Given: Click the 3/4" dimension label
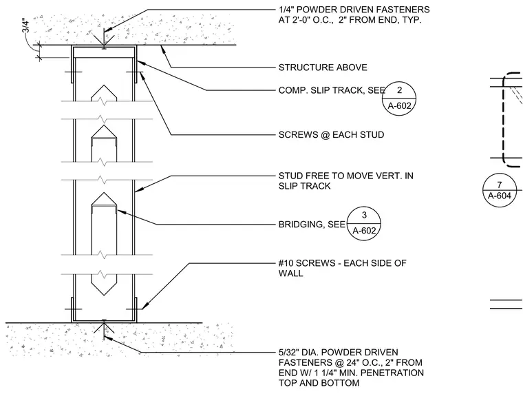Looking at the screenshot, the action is [26, 25].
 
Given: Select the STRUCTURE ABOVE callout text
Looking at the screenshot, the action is [323, 68].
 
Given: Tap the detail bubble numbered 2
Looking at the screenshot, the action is [399, 98].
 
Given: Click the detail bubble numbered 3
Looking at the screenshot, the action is [364, 223].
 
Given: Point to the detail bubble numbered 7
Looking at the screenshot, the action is [500, 190].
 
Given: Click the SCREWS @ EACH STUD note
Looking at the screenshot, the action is [331, 135].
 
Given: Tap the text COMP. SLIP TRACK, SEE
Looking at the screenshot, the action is [332, 90].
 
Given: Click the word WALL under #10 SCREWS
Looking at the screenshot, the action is [291, 273].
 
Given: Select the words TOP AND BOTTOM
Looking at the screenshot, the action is [319, 383].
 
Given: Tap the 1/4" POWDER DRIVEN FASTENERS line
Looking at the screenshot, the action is [354, 10].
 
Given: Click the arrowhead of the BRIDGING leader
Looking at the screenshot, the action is [120, 211].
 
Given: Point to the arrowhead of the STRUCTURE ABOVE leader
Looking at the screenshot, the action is [163, 49].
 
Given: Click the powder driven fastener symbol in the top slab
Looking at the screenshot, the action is [104, 40].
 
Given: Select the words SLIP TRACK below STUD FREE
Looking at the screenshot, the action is [305, 186].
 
